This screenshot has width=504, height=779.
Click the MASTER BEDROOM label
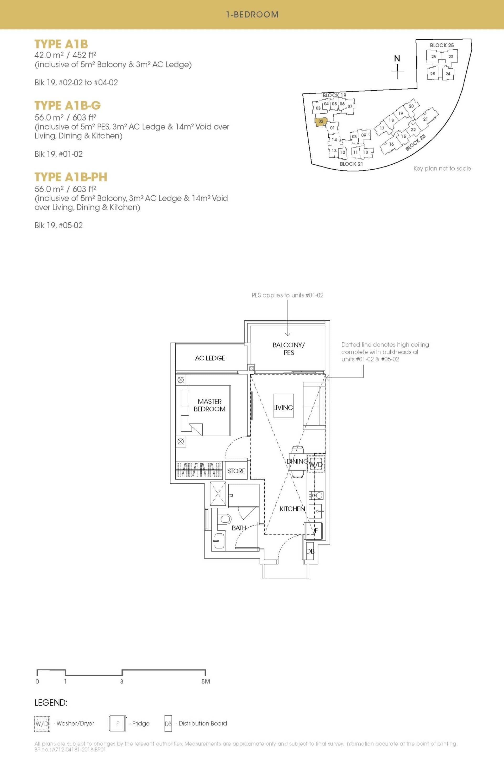tap(209, 405)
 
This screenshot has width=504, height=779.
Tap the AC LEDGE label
tap(210, 358)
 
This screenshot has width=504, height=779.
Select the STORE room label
tap(236, 471)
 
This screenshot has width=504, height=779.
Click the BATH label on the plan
tap(239, 528)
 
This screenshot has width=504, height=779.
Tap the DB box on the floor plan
tap(310, 551)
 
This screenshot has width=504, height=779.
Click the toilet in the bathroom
tap(225, 519)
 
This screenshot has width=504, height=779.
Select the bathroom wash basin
tap(219, 541)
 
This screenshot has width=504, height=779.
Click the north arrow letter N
tap(397, 58)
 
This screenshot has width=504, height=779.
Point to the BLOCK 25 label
tap(442, 45)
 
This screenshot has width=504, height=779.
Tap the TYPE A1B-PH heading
tap(71, 177)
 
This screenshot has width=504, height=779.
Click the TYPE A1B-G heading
tap(67, 105)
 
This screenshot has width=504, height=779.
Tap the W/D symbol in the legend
tap(42, 724)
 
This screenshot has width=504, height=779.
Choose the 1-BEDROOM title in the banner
tap(252, 14)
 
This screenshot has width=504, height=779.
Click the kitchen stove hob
tap(316, 495)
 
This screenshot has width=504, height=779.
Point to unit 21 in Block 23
tap(425, 119)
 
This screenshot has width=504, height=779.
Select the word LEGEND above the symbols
tap(51, 703)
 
